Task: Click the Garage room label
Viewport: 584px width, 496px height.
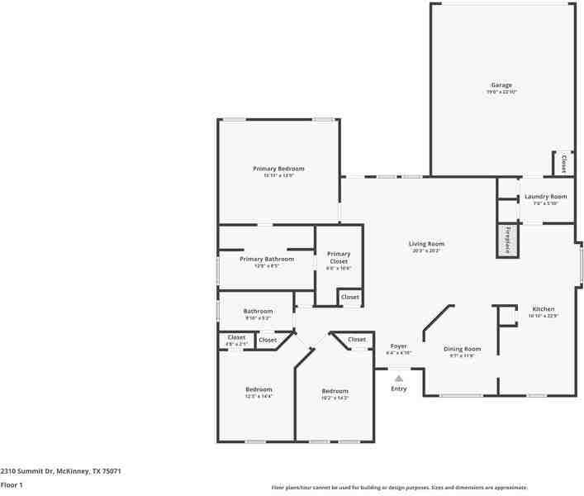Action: (501, 85)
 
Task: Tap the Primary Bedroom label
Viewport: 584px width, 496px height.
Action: (278, 169)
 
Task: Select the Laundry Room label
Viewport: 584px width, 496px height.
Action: (545, 197)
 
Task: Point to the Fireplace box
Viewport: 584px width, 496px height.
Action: (508, 239)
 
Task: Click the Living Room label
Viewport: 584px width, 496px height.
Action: (426, 244)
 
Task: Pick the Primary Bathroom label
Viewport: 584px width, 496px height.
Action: (266, 260)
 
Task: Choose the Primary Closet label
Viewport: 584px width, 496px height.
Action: (339, 257)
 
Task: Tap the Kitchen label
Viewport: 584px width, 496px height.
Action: (543, 308)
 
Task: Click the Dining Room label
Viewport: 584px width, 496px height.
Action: (462, 349)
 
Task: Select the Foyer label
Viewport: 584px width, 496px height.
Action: (398, 346)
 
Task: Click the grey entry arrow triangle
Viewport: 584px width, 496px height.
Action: (398, 378)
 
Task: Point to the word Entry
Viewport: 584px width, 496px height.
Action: (398, 389)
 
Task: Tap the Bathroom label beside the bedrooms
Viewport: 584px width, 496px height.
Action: (258, 312)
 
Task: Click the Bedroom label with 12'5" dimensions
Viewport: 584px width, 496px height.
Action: (258, 389)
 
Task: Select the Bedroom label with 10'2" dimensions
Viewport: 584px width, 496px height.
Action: (335, 391)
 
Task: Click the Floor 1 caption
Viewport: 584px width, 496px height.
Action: (12, 484)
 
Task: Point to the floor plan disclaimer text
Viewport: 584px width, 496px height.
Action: (399, 488)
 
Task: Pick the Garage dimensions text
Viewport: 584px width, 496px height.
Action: (501, 92)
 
